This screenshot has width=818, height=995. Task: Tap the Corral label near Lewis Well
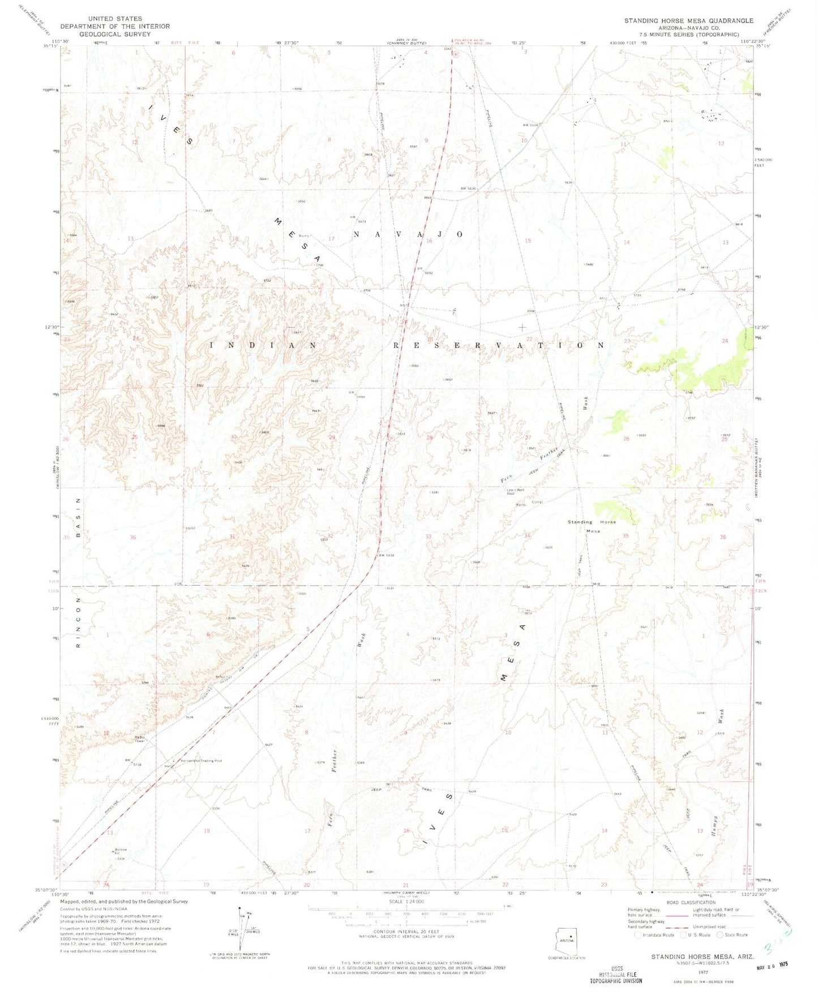tap(537, 503)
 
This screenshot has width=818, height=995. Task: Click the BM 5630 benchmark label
tap(469, 188)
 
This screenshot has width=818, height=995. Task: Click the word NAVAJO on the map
tap(409, 234)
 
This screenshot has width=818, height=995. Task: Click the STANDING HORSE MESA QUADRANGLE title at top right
tap(688, 20)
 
